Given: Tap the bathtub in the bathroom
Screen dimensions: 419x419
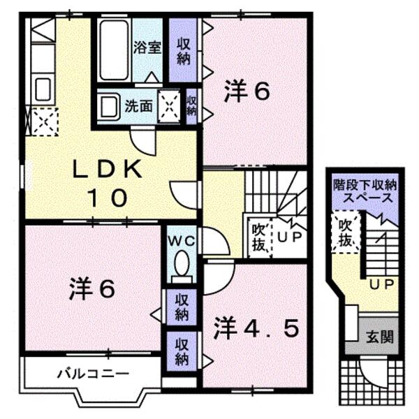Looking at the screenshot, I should coord(113,50).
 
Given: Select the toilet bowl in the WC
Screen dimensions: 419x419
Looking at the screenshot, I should coord(183,266).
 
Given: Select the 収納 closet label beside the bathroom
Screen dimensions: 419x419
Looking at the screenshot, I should coord(184,50).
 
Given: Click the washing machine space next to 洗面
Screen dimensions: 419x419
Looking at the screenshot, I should coord(168,105).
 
